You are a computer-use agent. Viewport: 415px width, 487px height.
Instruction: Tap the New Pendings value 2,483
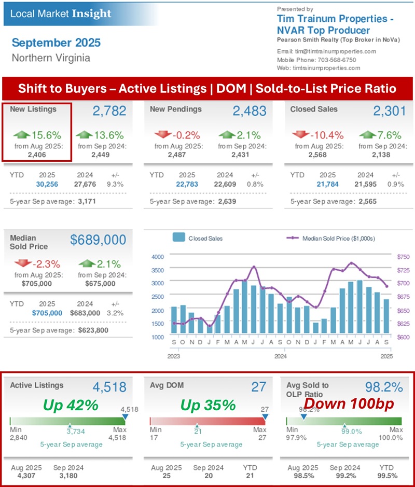pyautogui.click(x=250, y=110)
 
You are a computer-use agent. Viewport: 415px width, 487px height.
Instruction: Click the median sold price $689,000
pyautogui.click(x=98, y=240)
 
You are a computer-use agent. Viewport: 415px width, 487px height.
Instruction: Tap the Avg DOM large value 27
pyautogui.click(x=258, y=387)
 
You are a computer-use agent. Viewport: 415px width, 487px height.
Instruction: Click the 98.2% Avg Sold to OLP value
pyautogui.click(x=384, y=387)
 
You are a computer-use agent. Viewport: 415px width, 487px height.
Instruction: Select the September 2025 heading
pyautogui.click(x=56, y=43)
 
